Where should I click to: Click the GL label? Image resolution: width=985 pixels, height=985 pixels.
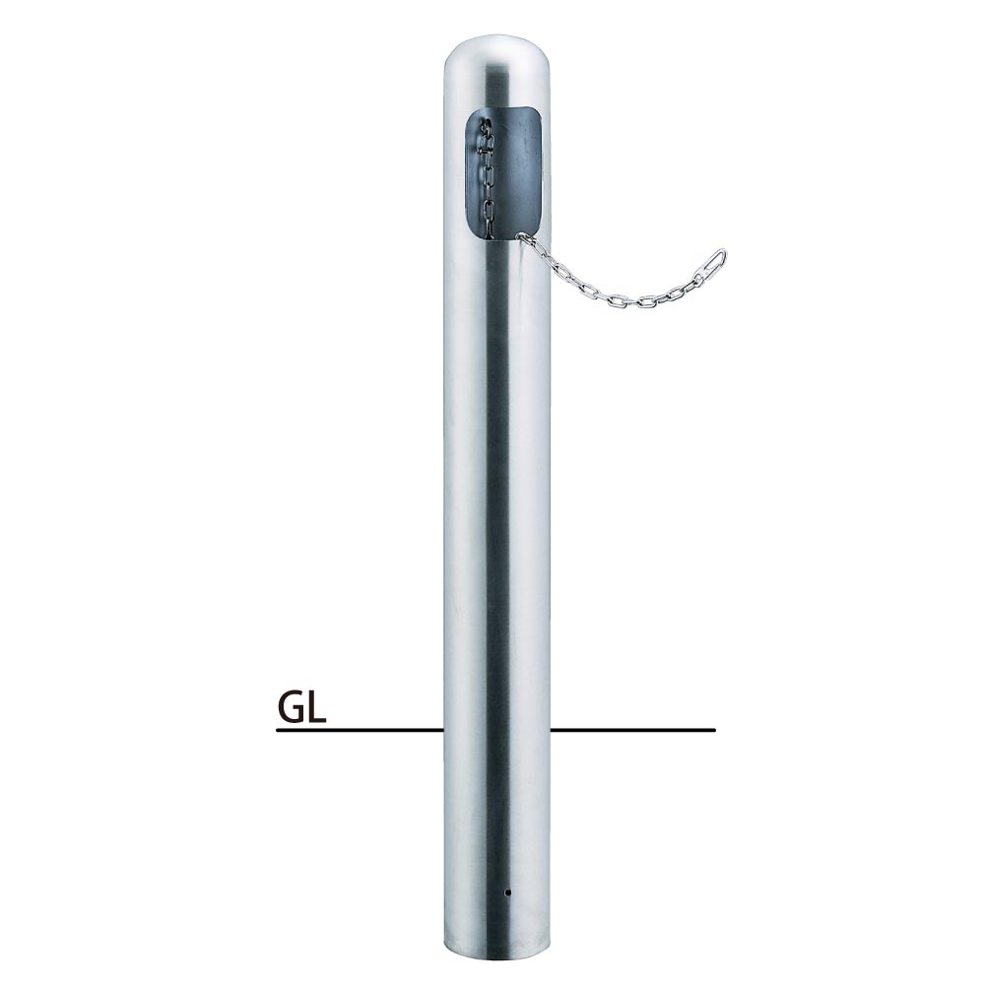click(x=301, y=707)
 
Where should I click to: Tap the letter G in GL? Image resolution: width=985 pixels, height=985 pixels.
click(x=291, y=707)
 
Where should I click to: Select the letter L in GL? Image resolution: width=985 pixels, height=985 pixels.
click(x=317, y=707)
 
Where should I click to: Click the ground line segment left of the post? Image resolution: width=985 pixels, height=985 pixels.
click(x=360, y=730)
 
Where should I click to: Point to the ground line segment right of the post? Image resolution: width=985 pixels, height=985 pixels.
click(x=633, y=730)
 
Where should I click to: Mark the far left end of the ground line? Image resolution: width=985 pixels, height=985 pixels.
click(x=277, y=730)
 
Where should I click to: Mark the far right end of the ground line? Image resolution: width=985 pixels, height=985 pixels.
click(x=715, y=730)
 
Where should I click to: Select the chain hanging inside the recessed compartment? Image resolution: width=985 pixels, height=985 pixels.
click(x=487, y=179)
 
